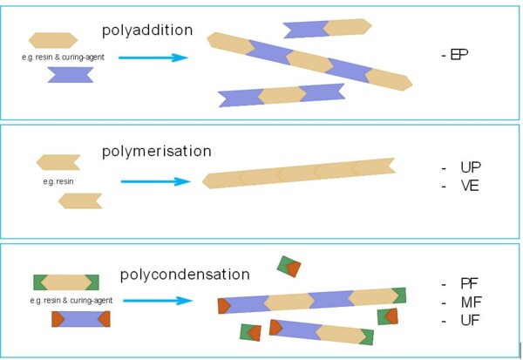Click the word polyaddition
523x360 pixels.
(x=147, y=31)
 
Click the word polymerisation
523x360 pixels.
(x=156, y=152)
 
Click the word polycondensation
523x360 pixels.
(x=185, y=275)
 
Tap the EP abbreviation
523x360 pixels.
(x=459, y=54)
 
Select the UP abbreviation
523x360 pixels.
(x=471, y=167)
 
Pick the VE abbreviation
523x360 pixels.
(x=470, y=186)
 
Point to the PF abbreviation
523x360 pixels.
(x=469, y=283)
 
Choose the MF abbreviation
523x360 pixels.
(x=472, y=302)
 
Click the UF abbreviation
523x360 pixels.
(x=471, y=320)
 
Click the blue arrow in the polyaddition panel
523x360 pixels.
(x=153, y=58)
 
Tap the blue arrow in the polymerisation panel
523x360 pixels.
(x=155, y=181)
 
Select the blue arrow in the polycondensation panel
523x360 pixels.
(x=158, y=301)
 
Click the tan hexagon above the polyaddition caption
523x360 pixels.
(x=53, y=40)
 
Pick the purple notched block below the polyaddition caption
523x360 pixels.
(x=71, y=75)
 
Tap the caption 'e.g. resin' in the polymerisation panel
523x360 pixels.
(x=58, y=181)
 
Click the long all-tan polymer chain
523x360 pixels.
(x=299, y=173)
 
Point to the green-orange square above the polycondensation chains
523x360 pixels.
(x=289, y=266)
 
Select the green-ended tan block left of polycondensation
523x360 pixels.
(x=66, y=282)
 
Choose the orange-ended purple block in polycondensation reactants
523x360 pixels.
(x=81, y=319)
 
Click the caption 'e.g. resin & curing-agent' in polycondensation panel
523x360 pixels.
(x=71, y=300)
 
